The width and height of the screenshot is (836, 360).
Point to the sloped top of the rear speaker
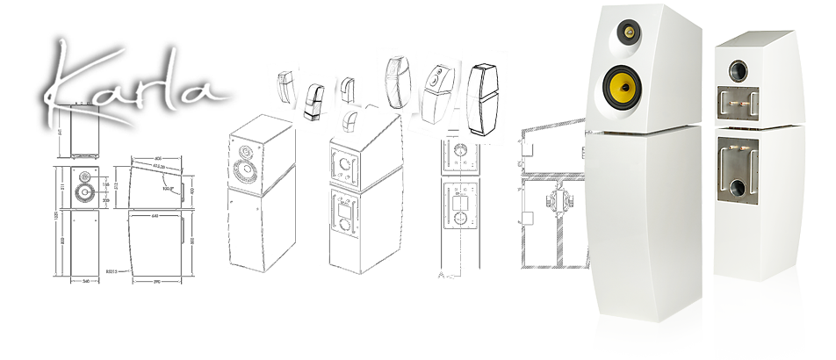point(755,40)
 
